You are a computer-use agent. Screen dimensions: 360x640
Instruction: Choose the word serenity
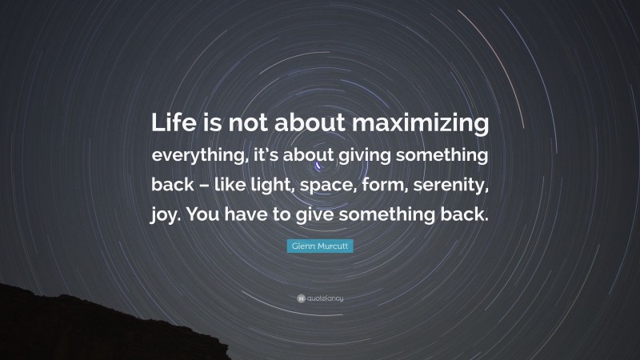(x=462, y=186)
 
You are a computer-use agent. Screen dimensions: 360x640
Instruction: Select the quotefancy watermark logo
(x=319, y=298)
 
